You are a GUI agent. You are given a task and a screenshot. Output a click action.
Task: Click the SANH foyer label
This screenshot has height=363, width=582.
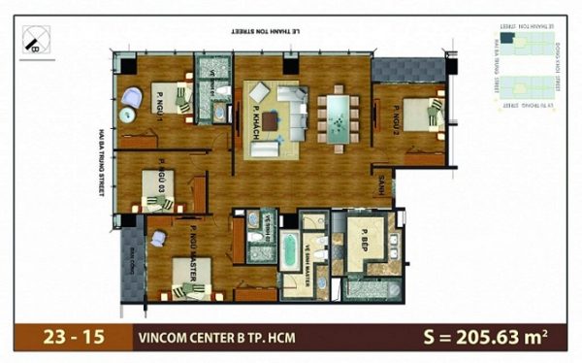pyautogui.click(x=383, y=188)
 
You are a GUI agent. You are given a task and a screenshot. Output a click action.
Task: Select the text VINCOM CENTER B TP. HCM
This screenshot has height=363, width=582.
pyautogui.click(x=217, y=338)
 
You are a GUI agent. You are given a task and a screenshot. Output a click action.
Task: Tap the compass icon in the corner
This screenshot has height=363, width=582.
pyautogui.click(x=36, y=41)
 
